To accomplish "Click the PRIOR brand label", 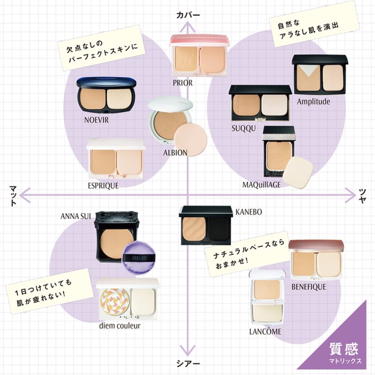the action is pos(183,83).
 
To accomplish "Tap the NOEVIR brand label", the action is pos(97,120).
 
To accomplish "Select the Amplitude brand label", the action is pos(314,102).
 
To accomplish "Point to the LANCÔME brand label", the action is pos(265,331).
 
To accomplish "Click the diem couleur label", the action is pos(120,325).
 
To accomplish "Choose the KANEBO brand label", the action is pos(249,212).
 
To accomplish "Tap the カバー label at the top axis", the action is pos(188,15).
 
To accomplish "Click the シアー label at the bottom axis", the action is pos(188,364).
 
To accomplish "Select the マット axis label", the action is pos(13,195).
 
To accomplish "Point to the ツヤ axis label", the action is pos(362,196).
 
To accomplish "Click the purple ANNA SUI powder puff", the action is pos(139,258).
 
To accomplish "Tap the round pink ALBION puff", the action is pos(190,140).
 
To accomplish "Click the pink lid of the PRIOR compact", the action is pos(199,40).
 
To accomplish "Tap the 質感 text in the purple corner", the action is pos(344,349).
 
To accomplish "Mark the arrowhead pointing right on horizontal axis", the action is pos(351,195).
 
